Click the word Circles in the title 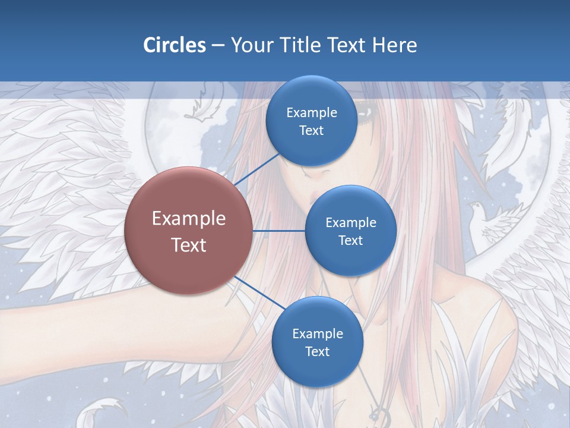(x=175, y=45)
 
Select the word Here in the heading (x=395, y=45)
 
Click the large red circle (x=189, y=231)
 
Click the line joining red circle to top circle (x=256, y=169)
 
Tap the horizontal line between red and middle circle (x=278, y=231)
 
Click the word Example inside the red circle (x=189, y=218)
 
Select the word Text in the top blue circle (x=311, y=131)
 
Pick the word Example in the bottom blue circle (x=317, y=333)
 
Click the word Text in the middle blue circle (x=350, y=240)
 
